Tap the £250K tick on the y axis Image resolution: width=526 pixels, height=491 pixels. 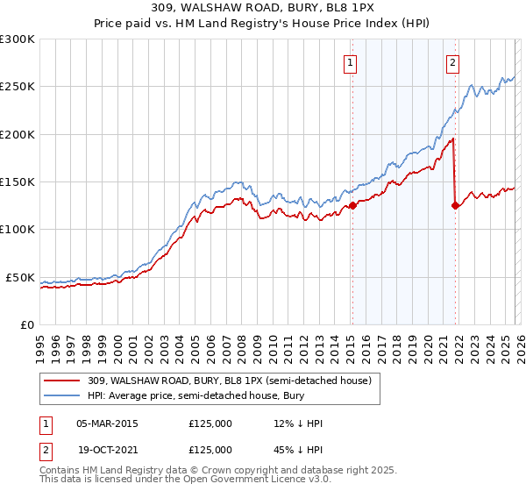(x=18, y=87)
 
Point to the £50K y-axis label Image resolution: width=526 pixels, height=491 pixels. (x=20, y=277)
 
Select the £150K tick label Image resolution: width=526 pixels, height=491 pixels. (x=18, y=182)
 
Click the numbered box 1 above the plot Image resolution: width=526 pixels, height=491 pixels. (x=351, y=62)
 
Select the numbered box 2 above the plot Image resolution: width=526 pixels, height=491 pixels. (x=453, y=62)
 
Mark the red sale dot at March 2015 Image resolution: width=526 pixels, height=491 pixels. (x=352, y=206)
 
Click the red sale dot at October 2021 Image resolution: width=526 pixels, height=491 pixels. (x=454, y=206)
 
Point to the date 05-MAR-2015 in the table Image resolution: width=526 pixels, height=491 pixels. (x=107, y=423)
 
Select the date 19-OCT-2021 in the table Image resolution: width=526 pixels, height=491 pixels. (x=107, y=449)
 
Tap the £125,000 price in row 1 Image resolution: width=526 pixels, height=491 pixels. (x=210, y=423)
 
